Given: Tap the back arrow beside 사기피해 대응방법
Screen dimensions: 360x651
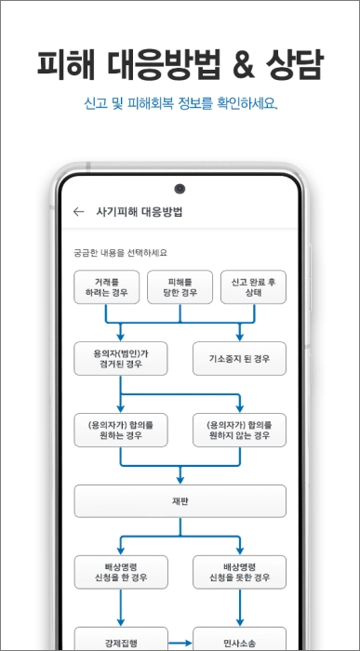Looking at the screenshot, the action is pos(78,211).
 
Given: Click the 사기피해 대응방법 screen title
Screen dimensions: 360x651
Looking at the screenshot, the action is pos(140,211).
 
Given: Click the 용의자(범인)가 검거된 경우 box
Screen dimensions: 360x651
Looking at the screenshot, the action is pos(121,358).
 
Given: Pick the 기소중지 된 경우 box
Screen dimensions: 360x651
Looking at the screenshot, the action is pos(239,358).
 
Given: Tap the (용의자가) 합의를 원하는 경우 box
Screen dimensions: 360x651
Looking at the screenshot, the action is pos(121,429).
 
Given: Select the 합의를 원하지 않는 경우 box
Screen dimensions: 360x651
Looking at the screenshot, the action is pos(239,429).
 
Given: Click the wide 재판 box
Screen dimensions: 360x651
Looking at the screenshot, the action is pos(180,500).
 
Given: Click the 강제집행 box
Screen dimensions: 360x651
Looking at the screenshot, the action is pos(121,640).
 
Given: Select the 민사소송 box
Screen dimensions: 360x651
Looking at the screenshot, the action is pos(239,640).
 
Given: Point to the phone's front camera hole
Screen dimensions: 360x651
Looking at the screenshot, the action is pos(180,189).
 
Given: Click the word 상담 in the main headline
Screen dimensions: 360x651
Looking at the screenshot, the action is pos(292,63).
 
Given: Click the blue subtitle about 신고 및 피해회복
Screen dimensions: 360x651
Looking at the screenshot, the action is pos(180,102).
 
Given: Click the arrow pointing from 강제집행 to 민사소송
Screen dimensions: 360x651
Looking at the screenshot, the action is pos(180,641).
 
